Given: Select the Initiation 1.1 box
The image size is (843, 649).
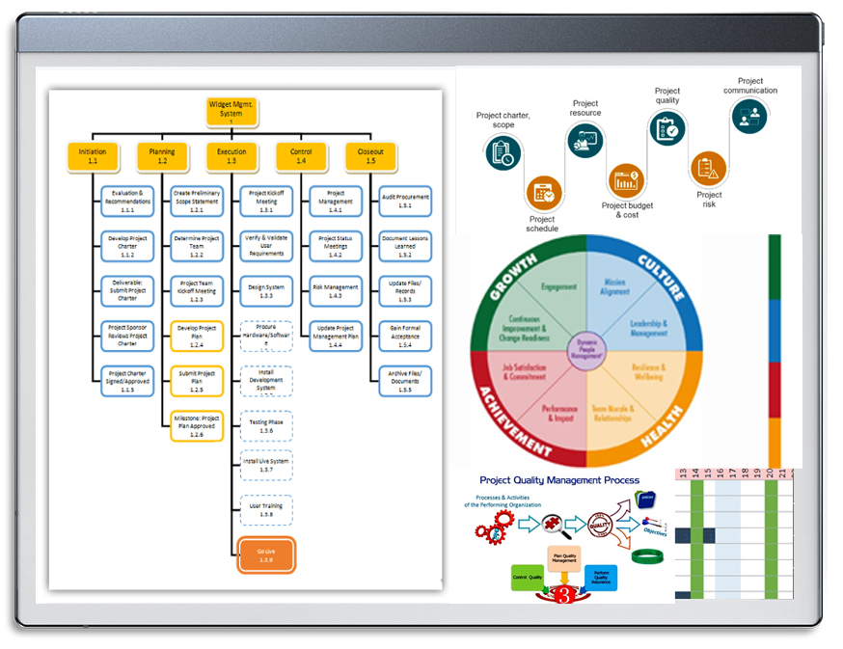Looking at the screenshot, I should [x=93, y=156].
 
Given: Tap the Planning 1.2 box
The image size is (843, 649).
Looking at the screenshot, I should [x=162, y=156].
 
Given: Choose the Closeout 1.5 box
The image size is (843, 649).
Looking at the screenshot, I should [x=370, y=156].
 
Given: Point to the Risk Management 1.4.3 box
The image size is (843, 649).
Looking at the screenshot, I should [x=336, y=291].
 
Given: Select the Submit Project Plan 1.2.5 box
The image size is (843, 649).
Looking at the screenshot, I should [x=197, y=381].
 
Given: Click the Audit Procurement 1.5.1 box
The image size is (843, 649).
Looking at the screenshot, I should [x=405, y=202].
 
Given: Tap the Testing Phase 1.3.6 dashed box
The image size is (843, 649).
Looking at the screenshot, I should [x=266, y=426].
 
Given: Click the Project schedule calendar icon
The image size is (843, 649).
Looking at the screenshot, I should [x=543, y=192].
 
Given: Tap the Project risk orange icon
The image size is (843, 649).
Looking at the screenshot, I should [x=708, y=169].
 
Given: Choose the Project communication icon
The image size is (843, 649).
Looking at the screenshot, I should [x=748, y=117].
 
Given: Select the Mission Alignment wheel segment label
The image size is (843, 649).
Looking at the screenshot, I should [x=614, y=288].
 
